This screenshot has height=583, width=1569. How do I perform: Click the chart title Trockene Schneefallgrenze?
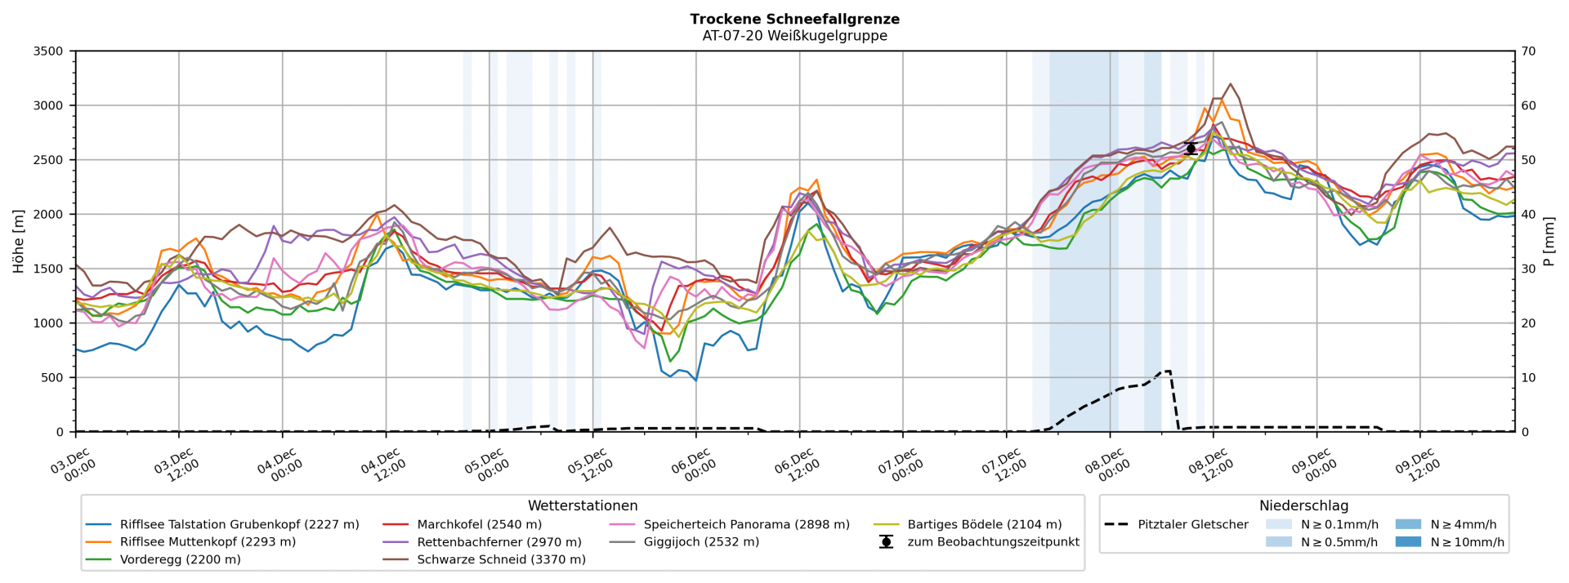click(794, 19)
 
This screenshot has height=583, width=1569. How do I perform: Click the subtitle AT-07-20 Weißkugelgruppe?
click(794, 36)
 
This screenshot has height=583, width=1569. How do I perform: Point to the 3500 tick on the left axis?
click(47, 51)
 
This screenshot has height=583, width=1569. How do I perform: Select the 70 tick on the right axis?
click(1527, 51)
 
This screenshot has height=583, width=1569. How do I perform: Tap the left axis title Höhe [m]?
click(18, 241)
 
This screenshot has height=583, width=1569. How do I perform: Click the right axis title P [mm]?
click(1550, 241)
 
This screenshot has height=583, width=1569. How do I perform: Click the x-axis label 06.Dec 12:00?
click(795, 466)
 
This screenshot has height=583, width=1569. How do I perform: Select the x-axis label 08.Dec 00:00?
click(1105, 466)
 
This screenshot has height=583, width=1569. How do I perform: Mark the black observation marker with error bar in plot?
click(1191, 148)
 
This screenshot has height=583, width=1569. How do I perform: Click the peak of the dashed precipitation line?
click(1165, 372)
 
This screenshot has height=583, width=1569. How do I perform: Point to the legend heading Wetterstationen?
click(583, 506)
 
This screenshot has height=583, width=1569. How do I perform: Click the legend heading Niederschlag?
click(1303, 506)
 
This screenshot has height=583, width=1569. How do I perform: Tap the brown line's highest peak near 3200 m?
click(1230, 83)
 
